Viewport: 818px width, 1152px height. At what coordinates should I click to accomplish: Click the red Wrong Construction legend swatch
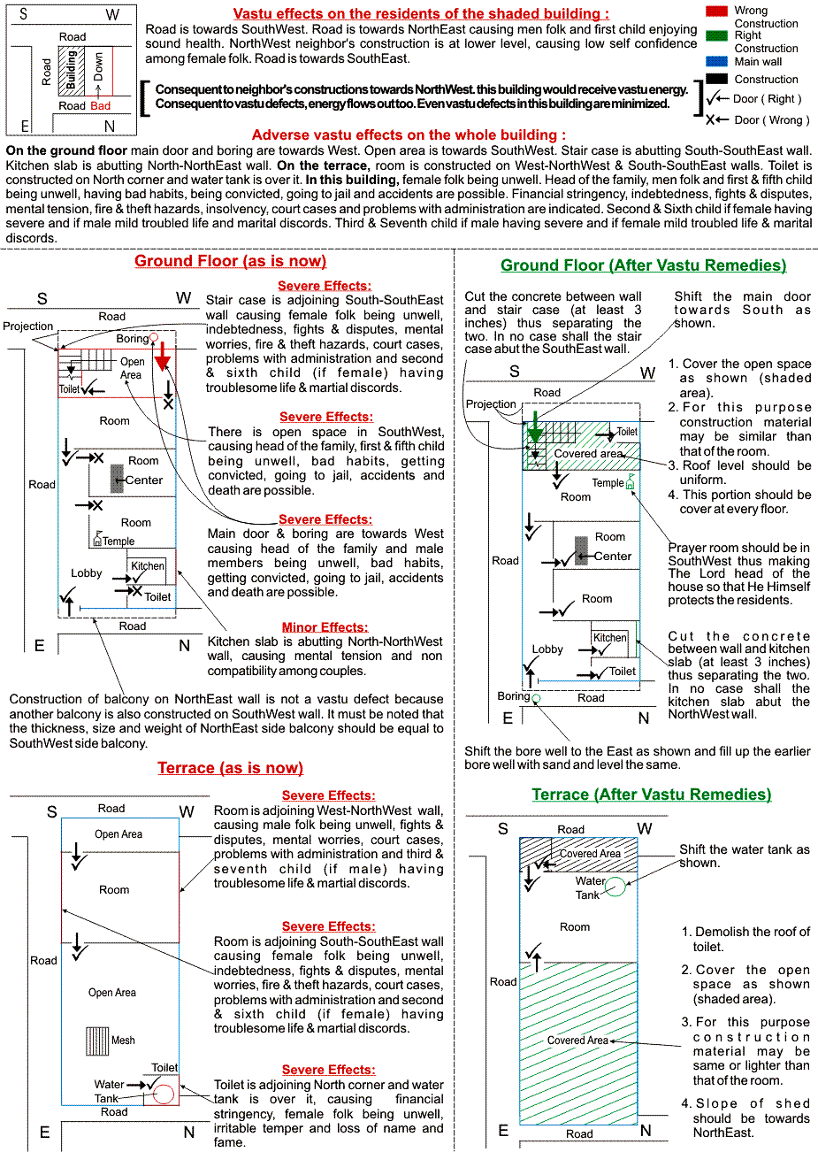point(717,11)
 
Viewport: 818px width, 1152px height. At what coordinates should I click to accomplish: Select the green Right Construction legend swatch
point(717,35)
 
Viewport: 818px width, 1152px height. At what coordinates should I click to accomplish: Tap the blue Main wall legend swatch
point(717,61)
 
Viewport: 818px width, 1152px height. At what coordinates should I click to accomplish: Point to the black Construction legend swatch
point(717,79)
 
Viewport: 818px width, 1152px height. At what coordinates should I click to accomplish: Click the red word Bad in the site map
point(100,106)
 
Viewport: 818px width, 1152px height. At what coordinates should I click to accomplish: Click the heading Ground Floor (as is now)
point(230,261)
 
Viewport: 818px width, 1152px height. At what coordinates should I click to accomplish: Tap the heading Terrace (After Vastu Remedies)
point(651,795)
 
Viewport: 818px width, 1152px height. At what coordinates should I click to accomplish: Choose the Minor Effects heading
point(325,627)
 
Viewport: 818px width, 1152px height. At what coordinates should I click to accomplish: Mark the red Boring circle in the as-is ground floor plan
point(154,338)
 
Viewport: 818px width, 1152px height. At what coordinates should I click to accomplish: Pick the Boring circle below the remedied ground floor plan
point(537,698)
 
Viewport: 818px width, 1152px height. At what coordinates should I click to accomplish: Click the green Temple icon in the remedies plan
point(630,484)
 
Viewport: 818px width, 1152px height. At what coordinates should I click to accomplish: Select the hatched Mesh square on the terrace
point(97,1041)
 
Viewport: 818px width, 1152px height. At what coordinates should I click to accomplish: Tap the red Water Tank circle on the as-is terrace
point(163,1094)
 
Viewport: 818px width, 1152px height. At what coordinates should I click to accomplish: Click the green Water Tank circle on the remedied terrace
point(615,887)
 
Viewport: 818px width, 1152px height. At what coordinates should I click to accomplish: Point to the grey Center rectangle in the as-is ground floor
point(117,478)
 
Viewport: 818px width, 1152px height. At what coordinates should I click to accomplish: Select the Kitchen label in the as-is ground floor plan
point(148,565)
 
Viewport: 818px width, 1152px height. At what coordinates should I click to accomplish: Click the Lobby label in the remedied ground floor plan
point(547,649)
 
